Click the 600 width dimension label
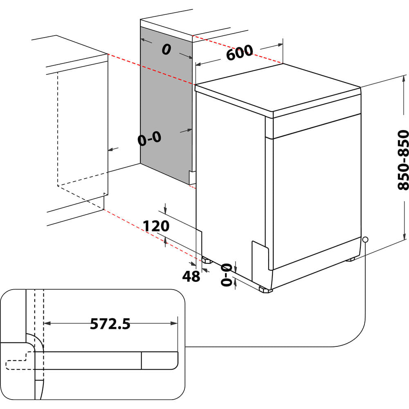(239, 53)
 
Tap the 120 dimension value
(155, 226)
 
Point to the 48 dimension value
(191, 276)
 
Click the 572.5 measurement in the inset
(110, 324)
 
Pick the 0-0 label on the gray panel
(149, 139)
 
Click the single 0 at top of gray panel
(166, 49)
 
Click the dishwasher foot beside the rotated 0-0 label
(265, 290)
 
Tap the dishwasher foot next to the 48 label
(205, 260)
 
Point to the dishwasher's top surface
(278, 88)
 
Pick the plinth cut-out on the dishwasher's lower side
(259, 258)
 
